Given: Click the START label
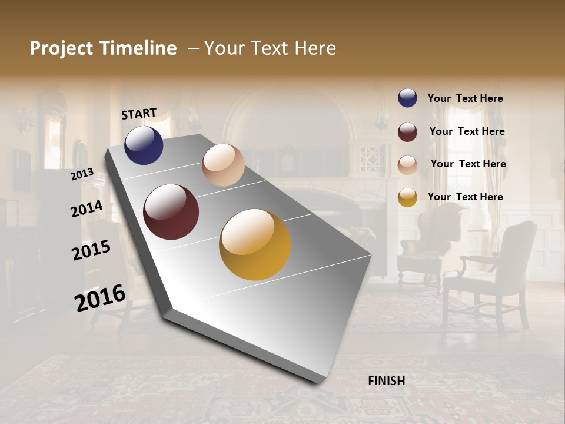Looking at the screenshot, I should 139,114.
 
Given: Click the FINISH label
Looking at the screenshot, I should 386,381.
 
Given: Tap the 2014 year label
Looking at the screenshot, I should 87,208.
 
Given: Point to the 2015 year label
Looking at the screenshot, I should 91,250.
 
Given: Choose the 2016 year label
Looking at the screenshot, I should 100,297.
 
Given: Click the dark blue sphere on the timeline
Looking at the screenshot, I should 144,145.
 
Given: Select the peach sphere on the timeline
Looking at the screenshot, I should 223,165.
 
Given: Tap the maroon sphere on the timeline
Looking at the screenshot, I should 171,212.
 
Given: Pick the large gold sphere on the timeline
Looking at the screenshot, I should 255,244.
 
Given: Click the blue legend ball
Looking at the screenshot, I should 407,98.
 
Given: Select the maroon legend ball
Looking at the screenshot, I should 407,132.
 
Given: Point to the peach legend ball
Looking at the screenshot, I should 407,165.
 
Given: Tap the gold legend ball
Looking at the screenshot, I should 407,197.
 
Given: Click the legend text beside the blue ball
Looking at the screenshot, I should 465,99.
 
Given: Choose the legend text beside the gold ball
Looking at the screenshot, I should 465,197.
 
